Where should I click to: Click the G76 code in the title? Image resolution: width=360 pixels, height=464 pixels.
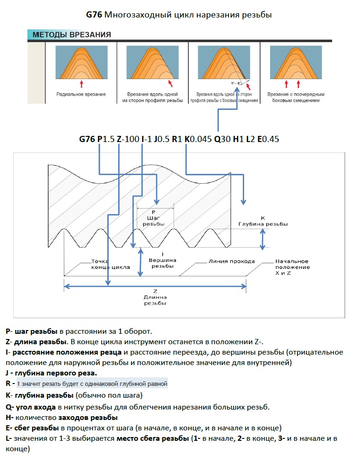(x=94, y=15)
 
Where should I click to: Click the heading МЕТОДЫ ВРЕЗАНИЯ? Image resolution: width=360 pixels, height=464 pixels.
(x=71, y=35)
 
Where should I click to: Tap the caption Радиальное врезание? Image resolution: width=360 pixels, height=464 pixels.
(x=81, y=95)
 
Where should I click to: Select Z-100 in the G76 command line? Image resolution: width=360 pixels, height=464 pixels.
(x=128, y=139)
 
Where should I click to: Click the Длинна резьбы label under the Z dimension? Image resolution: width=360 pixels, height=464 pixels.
(x=155, y=299)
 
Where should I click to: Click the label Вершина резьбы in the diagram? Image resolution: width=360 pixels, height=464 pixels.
(x=162, y=263)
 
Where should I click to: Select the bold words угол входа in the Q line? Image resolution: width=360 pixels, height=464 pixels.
(x=36, y=407)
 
